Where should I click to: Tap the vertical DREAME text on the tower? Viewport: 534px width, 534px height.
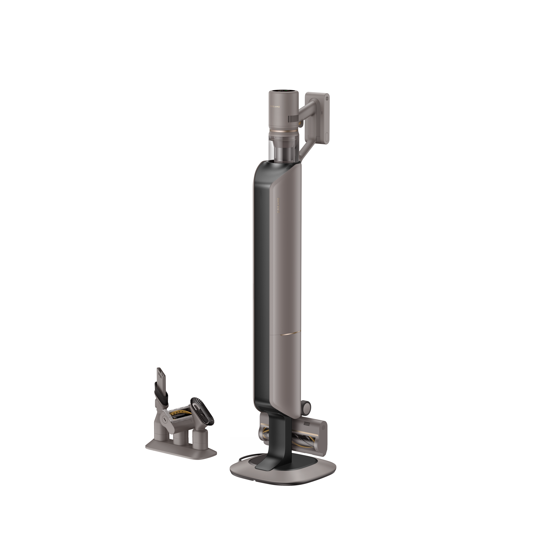278,205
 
